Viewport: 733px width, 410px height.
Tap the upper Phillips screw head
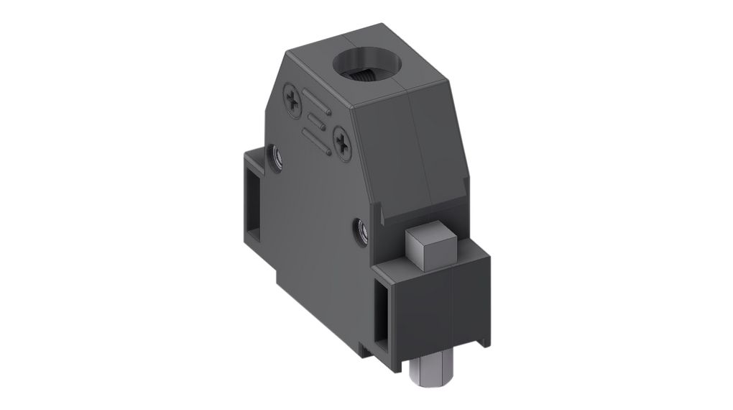pos(295,98)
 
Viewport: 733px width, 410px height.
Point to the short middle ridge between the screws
pos(316,119)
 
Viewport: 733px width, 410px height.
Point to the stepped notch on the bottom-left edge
pos(276,277)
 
